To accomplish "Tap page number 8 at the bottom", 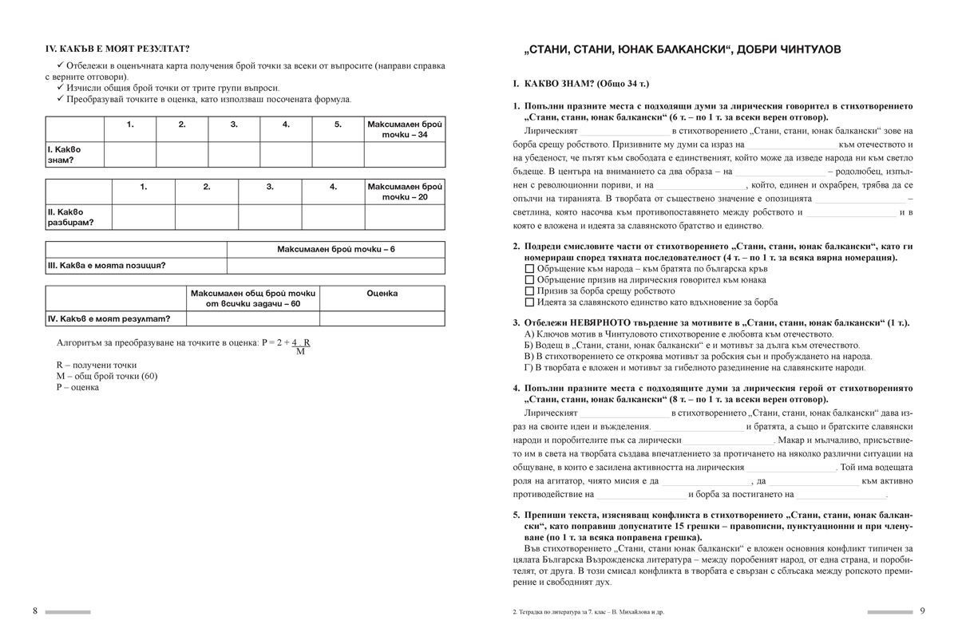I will pyautogui.click(x=35, y=610).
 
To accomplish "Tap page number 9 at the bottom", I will pyautogui.click(x=921, y=610).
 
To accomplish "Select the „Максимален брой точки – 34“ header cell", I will pyautogui.click(x=405, y=129).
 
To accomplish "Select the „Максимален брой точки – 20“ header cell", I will pyautogui.click(x=405, y=192).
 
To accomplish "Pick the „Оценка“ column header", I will pyautogui.click(x=382, y=294).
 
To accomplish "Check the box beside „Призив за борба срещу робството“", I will pyautogui.click(x=529, y=291).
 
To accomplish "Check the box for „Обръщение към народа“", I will pyautogui.click(x=529, y=269).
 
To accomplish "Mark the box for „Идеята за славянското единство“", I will pyautogui.click(x=529, y=302).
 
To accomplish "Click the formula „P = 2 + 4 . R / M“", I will pyautogui.click(x=287, y=345).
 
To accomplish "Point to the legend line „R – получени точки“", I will pyautogui.click(x=97, y=365).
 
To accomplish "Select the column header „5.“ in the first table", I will pyautogui.click(x=338, y=124).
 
